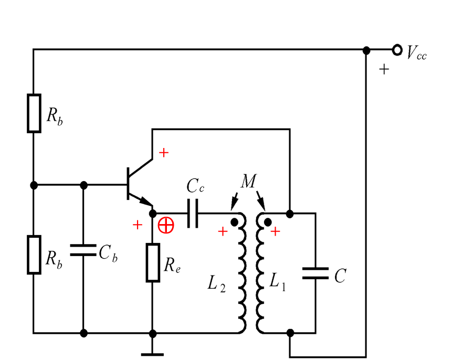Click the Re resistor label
tap(173, 266)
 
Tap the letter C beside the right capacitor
tap(341, 276)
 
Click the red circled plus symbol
tap(166, 225)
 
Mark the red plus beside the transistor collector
tap(164, 152)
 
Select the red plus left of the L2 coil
tap(223, 231)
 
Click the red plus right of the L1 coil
tap(275, 231)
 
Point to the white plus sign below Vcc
tap(385, 69)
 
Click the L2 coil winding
tap(242, 276)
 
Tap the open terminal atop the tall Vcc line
tap(366, 51)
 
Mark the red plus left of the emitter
tap(138, 225)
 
